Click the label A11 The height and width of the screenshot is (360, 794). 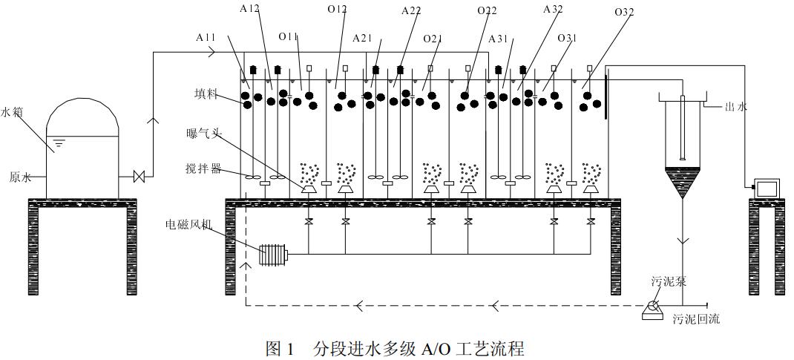tap(207, 36)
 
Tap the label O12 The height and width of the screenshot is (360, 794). tap(337, 9)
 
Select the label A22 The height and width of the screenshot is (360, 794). tap(412, 10)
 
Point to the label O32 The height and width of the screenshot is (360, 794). tap(624, 12)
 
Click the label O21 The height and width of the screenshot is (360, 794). tap(433, 38)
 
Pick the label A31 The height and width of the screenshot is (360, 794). tap(499, 38)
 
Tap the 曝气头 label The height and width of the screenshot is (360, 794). tap(203, 134)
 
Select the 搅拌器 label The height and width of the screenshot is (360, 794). tap(203, 168)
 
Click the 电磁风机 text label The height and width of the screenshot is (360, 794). tap(188, 222)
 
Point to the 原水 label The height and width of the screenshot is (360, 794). tap(21, 177)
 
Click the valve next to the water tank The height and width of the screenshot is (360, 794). tap(138, 177)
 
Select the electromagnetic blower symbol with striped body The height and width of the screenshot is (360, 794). tap(272, 255)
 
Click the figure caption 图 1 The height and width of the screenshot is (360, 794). tap(280, 348)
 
